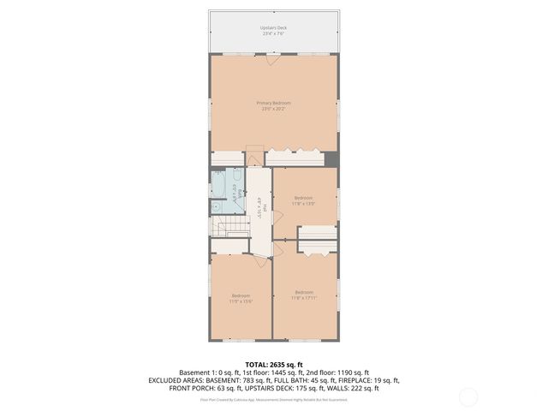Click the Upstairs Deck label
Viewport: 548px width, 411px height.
click(273, 27)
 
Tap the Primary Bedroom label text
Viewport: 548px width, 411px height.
click(273, 103)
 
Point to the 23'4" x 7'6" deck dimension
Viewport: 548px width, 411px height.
click(273, 34)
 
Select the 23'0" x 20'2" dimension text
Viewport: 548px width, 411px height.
click(273, 110)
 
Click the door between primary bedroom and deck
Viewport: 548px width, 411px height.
click(272, 60)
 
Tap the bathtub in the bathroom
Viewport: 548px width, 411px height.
click(231, 186)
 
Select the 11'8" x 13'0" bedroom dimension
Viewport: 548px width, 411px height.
click(303, 204)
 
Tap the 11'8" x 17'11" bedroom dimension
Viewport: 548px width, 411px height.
click(305, 298)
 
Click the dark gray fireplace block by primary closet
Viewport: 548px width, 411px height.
click(332, 158)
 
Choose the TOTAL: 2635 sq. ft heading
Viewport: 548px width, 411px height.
click(273, 364)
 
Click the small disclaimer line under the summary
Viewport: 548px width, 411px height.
click(273, 398)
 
